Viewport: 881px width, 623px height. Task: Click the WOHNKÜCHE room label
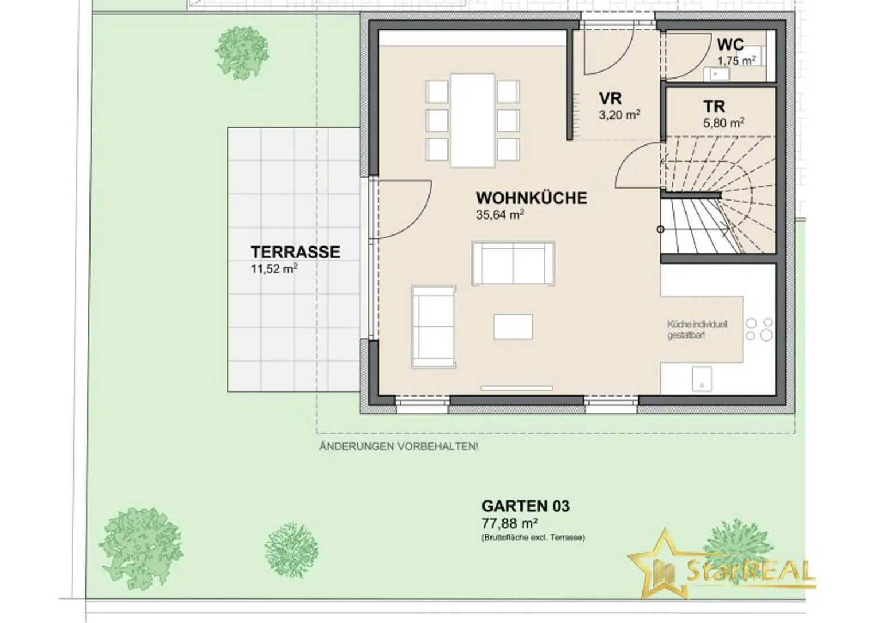532,198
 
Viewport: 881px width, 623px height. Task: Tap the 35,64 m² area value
500,215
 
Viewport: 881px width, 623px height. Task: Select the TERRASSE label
295,252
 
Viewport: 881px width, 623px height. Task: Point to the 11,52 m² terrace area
274,269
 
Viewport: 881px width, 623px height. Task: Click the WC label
730,45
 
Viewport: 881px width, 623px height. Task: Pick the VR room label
610,98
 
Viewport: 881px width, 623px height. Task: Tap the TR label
714,107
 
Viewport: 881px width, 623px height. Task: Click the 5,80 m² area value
724,123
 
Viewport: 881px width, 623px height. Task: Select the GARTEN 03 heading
525,506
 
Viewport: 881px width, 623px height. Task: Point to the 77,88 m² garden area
510,523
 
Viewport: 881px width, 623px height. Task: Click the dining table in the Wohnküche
473,120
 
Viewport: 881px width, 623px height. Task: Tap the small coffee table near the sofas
513,327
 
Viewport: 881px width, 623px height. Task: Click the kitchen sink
702,379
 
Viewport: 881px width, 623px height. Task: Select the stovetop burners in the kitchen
759,330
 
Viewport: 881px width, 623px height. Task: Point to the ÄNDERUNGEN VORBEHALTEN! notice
399,447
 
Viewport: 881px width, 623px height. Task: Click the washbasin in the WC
716,73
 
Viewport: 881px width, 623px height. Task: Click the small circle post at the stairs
661,229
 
